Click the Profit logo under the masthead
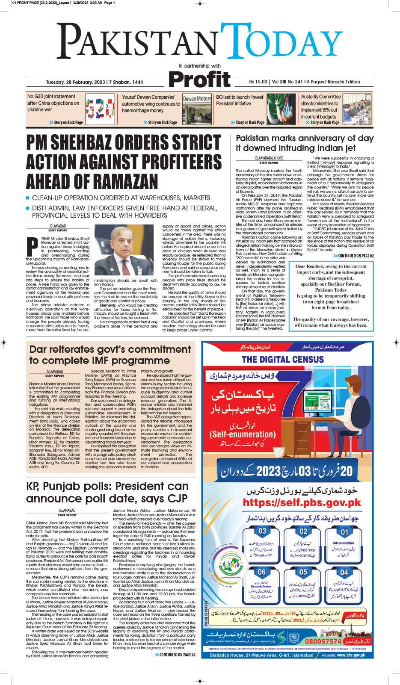pos(199,80)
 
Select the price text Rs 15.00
pos(258,82)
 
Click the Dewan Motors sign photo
pos(197,109)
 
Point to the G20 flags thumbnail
pos(100,109)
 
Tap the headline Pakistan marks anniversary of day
pos(305,138)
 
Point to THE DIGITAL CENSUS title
pos(283,360)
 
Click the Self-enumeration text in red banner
pos(243,434)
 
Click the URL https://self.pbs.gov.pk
pos(302,502)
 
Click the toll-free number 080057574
pos(323,641)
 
